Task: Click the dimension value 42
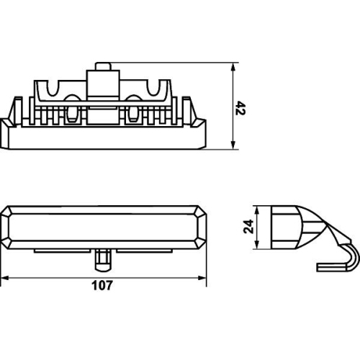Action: (x=240, y=108)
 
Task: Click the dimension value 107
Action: (x=102, y=286)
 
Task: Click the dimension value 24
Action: (x=248, y=226)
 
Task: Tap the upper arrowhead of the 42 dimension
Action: (x=233, y=67)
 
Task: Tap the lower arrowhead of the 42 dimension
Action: (x=233, y=145)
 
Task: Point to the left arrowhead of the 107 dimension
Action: (x=4, y=278)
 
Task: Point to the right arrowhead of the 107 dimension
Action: (x=202, y=278)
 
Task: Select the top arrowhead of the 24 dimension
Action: (x=257, y=210)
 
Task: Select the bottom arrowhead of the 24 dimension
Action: (x=257, y=245)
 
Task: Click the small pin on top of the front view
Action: (x=103, y=66)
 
